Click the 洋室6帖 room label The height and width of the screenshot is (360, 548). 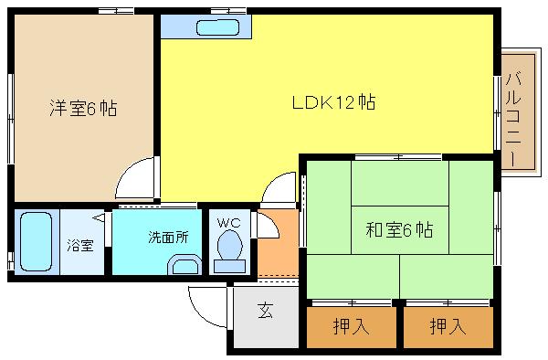pos(82,109)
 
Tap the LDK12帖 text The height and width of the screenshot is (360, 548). pos(334,102)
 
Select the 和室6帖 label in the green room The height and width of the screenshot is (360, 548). pos(399,229)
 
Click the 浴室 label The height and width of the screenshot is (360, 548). pos(79,246)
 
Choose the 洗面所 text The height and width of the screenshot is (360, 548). pos(168,237)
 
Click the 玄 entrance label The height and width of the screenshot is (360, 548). pos(264,312)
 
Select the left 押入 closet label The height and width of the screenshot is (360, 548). pos(351,326)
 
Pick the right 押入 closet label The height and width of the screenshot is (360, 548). pos(447,326)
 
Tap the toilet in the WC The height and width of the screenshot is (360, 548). pos(228,249)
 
